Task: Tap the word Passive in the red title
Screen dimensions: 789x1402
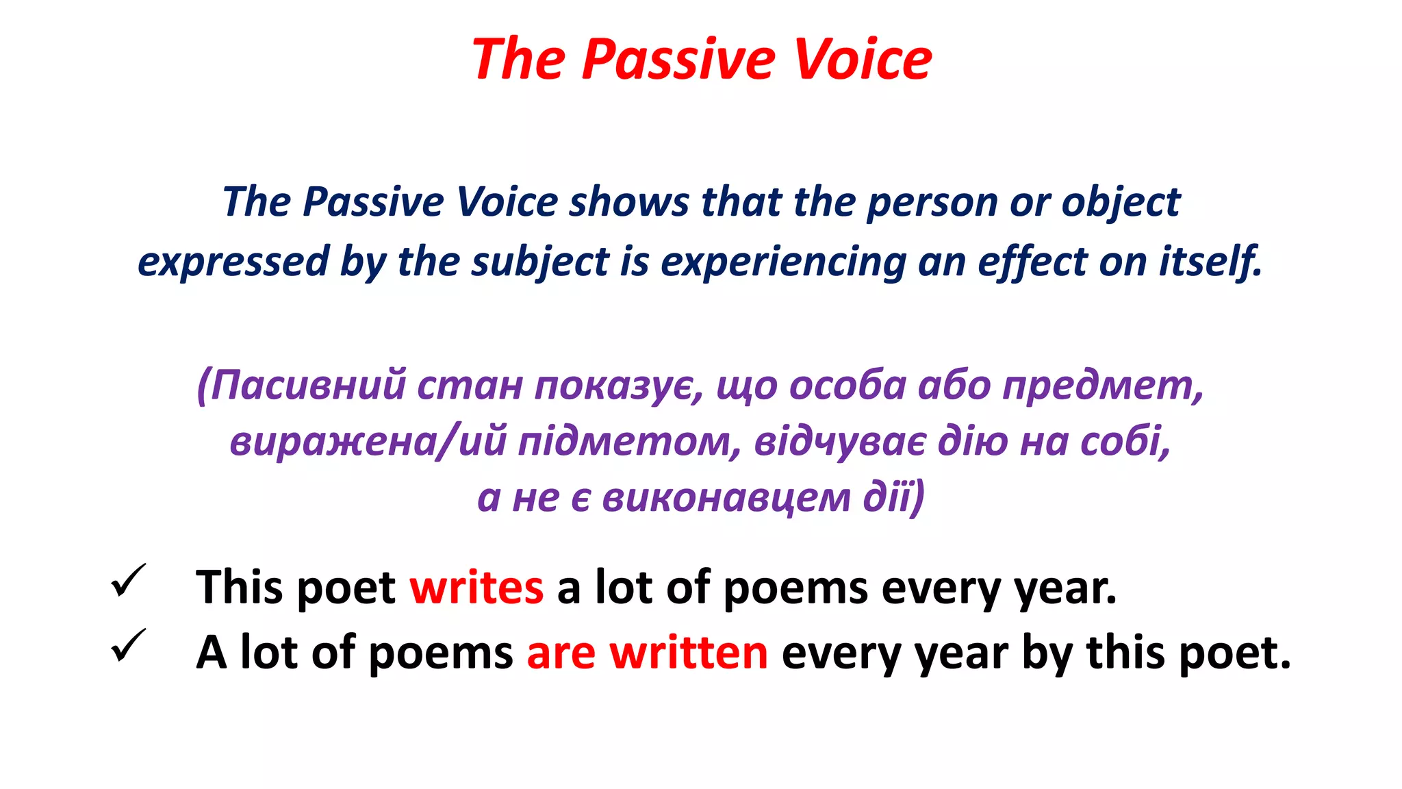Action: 678,60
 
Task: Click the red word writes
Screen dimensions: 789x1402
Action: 476,588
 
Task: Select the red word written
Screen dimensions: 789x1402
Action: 689,652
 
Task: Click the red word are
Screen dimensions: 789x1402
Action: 561,653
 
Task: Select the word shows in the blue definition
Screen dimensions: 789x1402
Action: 629,202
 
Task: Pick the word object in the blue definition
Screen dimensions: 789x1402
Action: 1121,203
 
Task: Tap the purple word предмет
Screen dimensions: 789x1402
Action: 1102,386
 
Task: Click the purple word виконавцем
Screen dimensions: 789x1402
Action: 727,497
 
